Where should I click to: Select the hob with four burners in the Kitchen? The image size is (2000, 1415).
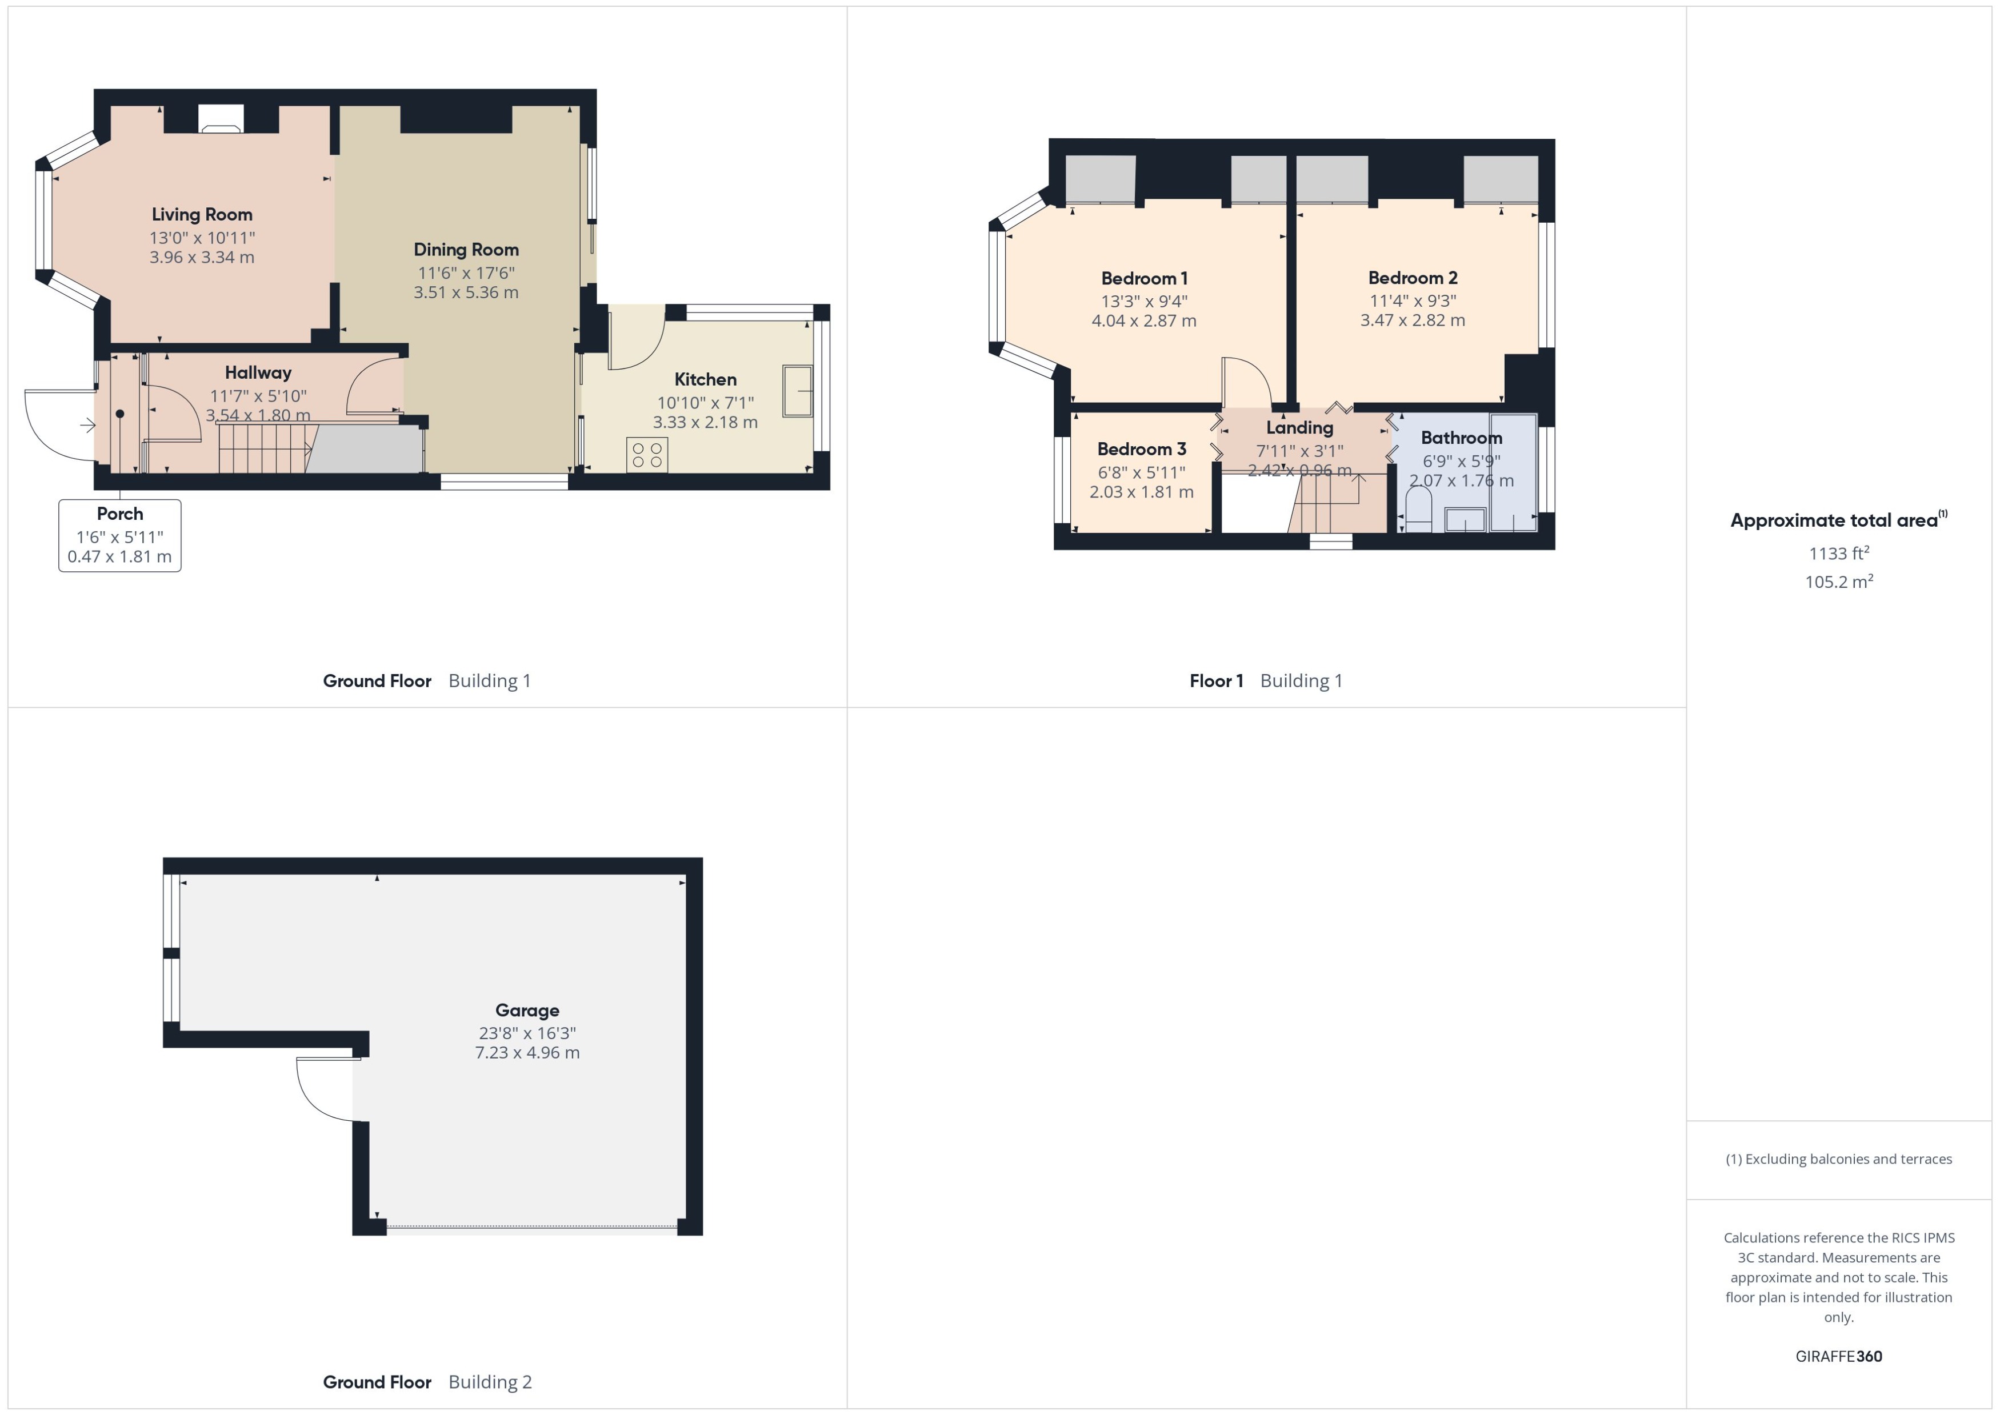pyautogui.click(x=647, y=455)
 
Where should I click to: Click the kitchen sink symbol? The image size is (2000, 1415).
pyautogui.click(x=797, y=391)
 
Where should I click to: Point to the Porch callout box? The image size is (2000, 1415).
pyautogui.click(x=120, y=535)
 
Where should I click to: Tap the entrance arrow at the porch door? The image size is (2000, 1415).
pyautogui.click(x=88, y=425)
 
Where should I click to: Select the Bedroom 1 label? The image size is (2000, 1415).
pyautogui.click(x=1143, y=279)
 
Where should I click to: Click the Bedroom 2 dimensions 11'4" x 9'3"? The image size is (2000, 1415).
pyautogui.click(x=1412, y=300)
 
